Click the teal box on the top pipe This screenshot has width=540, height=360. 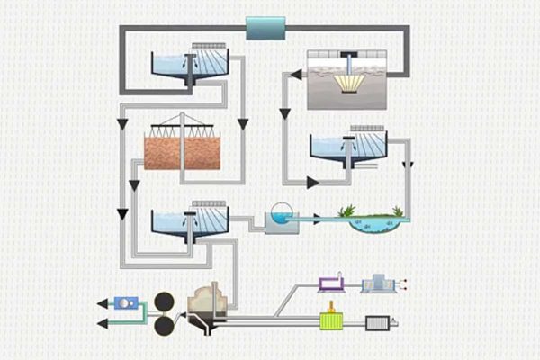265,27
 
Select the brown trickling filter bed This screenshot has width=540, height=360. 183,153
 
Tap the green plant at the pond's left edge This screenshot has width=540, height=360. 346,212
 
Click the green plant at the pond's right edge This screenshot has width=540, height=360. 397,211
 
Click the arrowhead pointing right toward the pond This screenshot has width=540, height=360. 312,183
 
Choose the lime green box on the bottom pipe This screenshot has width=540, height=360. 335,320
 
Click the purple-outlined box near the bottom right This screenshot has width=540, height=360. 332,285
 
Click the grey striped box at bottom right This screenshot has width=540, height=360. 377,321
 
